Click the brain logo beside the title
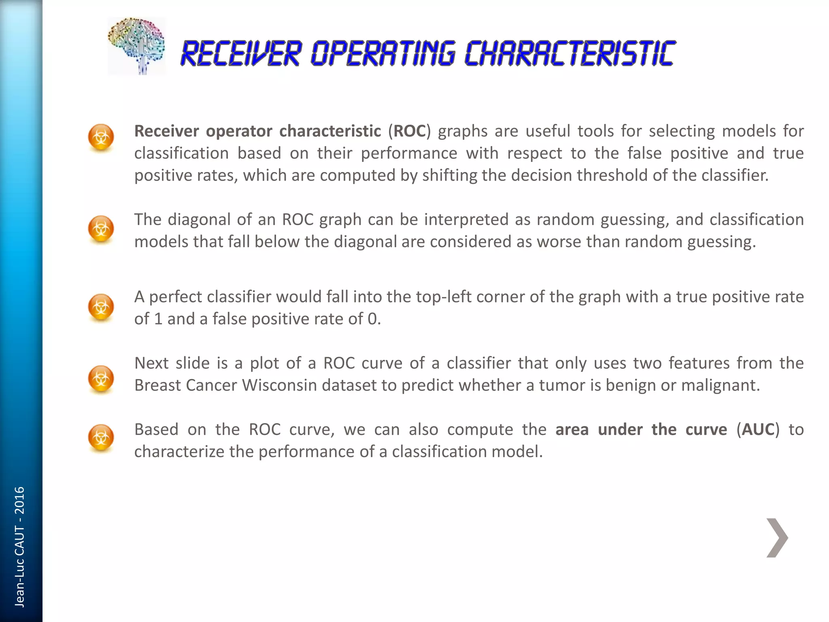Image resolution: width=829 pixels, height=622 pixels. tap(136, 46)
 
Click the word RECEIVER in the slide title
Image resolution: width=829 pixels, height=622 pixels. tap(241, 54)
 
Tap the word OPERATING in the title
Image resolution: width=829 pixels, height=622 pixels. tap(383, 54)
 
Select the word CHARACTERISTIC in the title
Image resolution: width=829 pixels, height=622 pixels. tap(570, 54)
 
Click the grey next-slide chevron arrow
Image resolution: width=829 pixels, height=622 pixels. tap(777, 538)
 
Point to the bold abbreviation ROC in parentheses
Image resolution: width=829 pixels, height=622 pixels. tap(410, 131)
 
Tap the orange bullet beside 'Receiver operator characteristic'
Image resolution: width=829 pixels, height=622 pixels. tap(101, 137)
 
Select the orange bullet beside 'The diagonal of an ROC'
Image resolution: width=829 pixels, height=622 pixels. tap(101, 229)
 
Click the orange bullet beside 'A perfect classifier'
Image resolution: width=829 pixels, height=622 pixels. tap(101, 307)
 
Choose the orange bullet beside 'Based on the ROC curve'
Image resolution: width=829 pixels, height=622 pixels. tap(101, 437)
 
